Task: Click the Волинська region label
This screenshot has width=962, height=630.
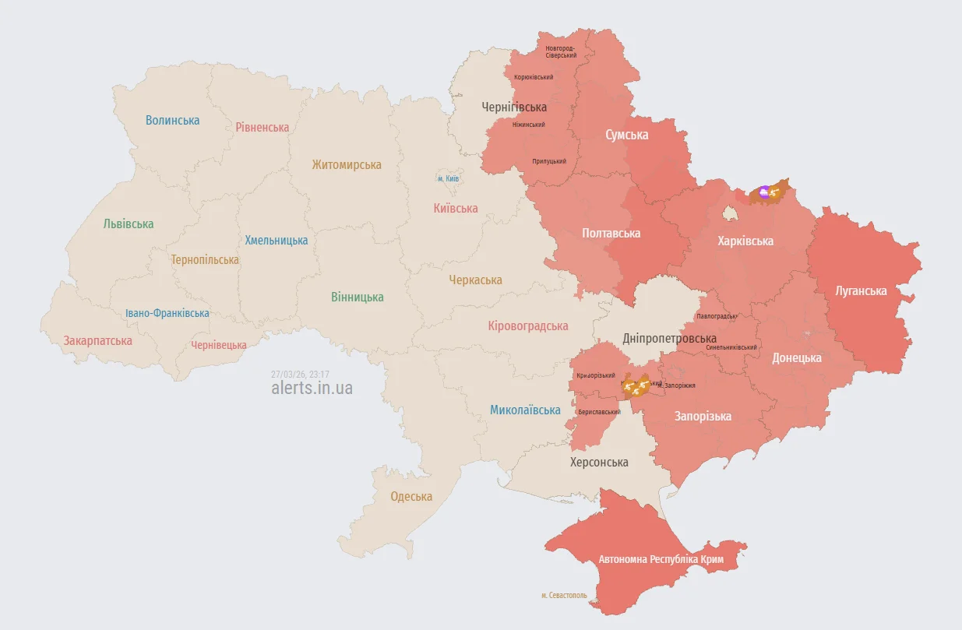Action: coord(172,120)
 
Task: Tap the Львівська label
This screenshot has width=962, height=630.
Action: coord(129,223)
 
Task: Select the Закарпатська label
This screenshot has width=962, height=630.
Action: coord(98,340)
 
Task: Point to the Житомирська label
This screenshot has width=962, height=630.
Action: coord(347,164)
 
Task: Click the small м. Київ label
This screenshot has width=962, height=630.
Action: coord(448,179)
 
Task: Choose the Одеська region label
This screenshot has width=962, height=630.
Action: coord(411,497)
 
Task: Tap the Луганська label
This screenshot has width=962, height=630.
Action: coord(861,290)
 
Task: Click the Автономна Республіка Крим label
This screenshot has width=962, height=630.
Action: coord(661,559)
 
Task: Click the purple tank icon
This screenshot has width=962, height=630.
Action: coord(764,192)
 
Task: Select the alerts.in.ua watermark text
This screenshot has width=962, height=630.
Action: coord(312,388)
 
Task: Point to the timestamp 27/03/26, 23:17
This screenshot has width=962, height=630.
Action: coord(300,374)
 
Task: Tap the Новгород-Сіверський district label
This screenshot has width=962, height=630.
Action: coord(561,51)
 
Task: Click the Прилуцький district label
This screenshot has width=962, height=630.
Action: coord(549,161)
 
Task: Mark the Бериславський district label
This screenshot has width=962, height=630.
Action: coord(599,412)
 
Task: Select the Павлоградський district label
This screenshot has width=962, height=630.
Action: coord(717,316)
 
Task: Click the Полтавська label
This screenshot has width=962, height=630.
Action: coord(611,233)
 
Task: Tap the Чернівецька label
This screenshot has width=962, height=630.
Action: coord(219,345)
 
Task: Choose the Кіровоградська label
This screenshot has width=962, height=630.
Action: coord(528,326)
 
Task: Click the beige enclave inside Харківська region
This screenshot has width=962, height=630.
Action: coord(731,212)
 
